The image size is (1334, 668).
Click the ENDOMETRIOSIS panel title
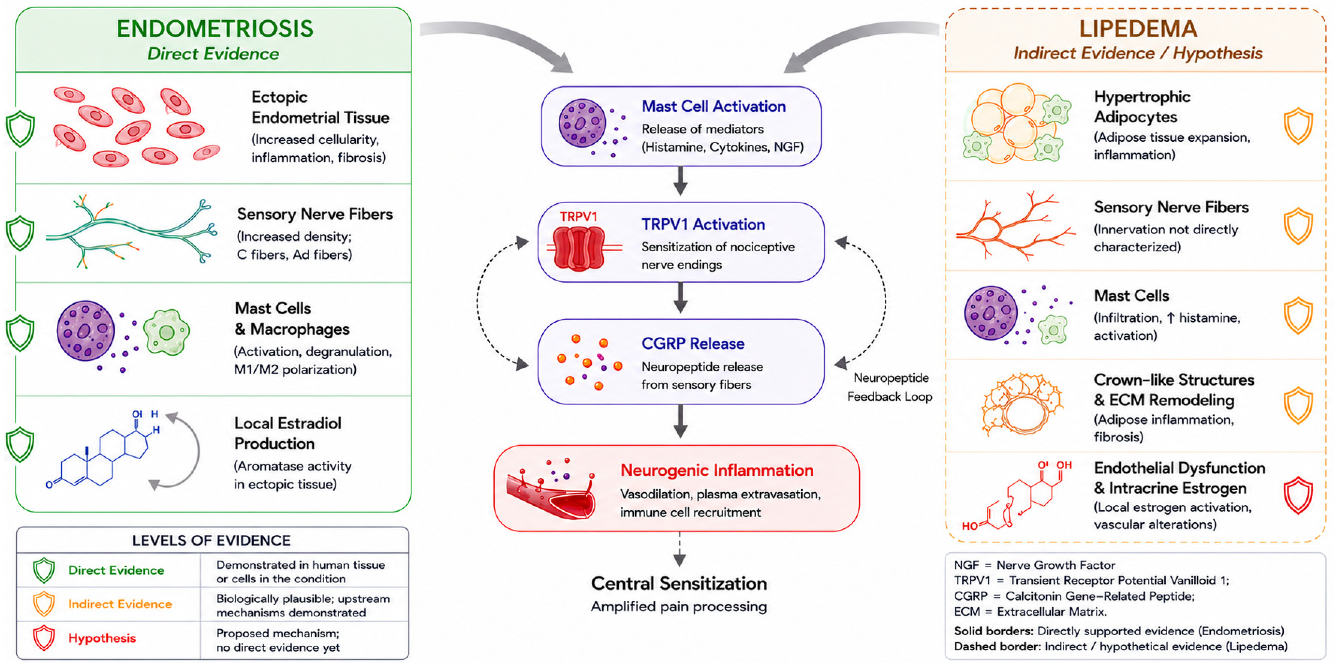[x=215, y=28]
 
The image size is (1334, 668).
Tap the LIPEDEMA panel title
[x=1138, y=28]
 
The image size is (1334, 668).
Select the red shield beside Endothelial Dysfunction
[x=1298, y=495]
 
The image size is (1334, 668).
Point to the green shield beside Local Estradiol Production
[x=20, y=444]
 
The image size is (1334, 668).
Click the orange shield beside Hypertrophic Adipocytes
[x=1298, y=126]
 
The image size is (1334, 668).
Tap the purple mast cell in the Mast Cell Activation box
[x=582, y=123]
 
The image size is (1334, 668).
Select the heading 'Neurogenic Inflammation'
[x=717, y=470]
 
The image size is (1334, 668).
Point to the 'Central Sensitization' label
[x=679, y=584]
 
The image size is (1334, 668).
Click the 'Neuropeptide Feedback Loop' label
[x=890, y=387]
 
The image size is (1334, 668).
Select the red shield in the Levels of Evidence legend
[x=44, y=637]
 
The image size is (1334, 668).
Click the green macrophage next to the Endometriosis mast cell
[x=166, y=332]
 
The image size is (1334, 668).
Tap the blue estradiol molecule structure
[x=104, y=448]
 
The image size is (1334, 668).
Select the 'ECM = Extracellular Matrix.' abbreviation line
[x=1030, y=612]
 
